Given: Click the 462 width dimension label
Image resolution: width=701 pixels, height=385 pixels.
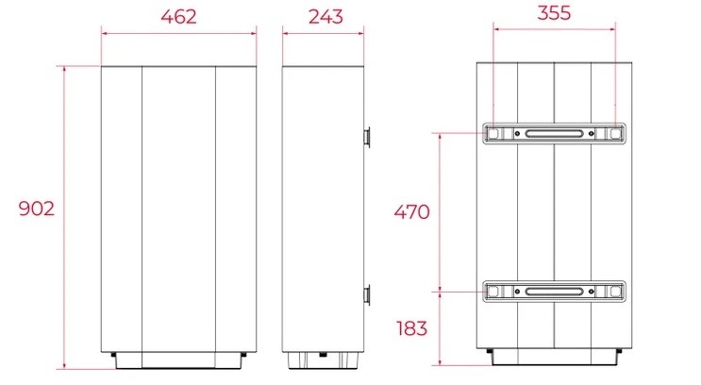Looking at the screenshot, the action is click(179, 17).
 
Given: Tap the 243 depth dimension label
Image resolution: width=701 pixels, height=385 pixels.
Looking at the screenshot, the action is click(325, 17).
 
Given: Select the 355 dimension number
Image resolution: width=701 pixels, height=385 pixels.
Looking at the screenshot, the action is click(554, 12).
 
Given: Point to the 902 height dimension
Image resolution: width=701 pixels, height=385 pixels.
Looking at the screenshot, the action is click(37, 209).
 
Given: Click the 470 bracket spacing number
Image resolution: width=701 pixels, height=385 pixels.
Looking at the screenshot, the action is click(411, 211).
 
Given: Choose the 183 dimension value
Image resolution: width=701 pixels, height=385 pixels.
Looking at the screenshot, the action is click(411, 328).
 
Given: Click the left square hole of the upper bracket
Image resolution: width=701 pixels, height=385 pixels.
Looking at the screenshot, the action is click(492, 133).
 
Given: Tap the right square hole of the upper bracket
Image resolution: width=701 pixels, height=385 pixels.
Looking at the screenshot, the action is click(615, 133).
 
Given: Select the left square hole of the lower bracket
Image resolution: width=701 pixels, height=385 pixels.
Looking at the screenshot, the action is click(492, 292).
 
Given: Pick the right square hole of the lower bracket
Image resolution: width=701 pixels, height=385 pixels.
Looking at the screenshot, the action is click(615, 292).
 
